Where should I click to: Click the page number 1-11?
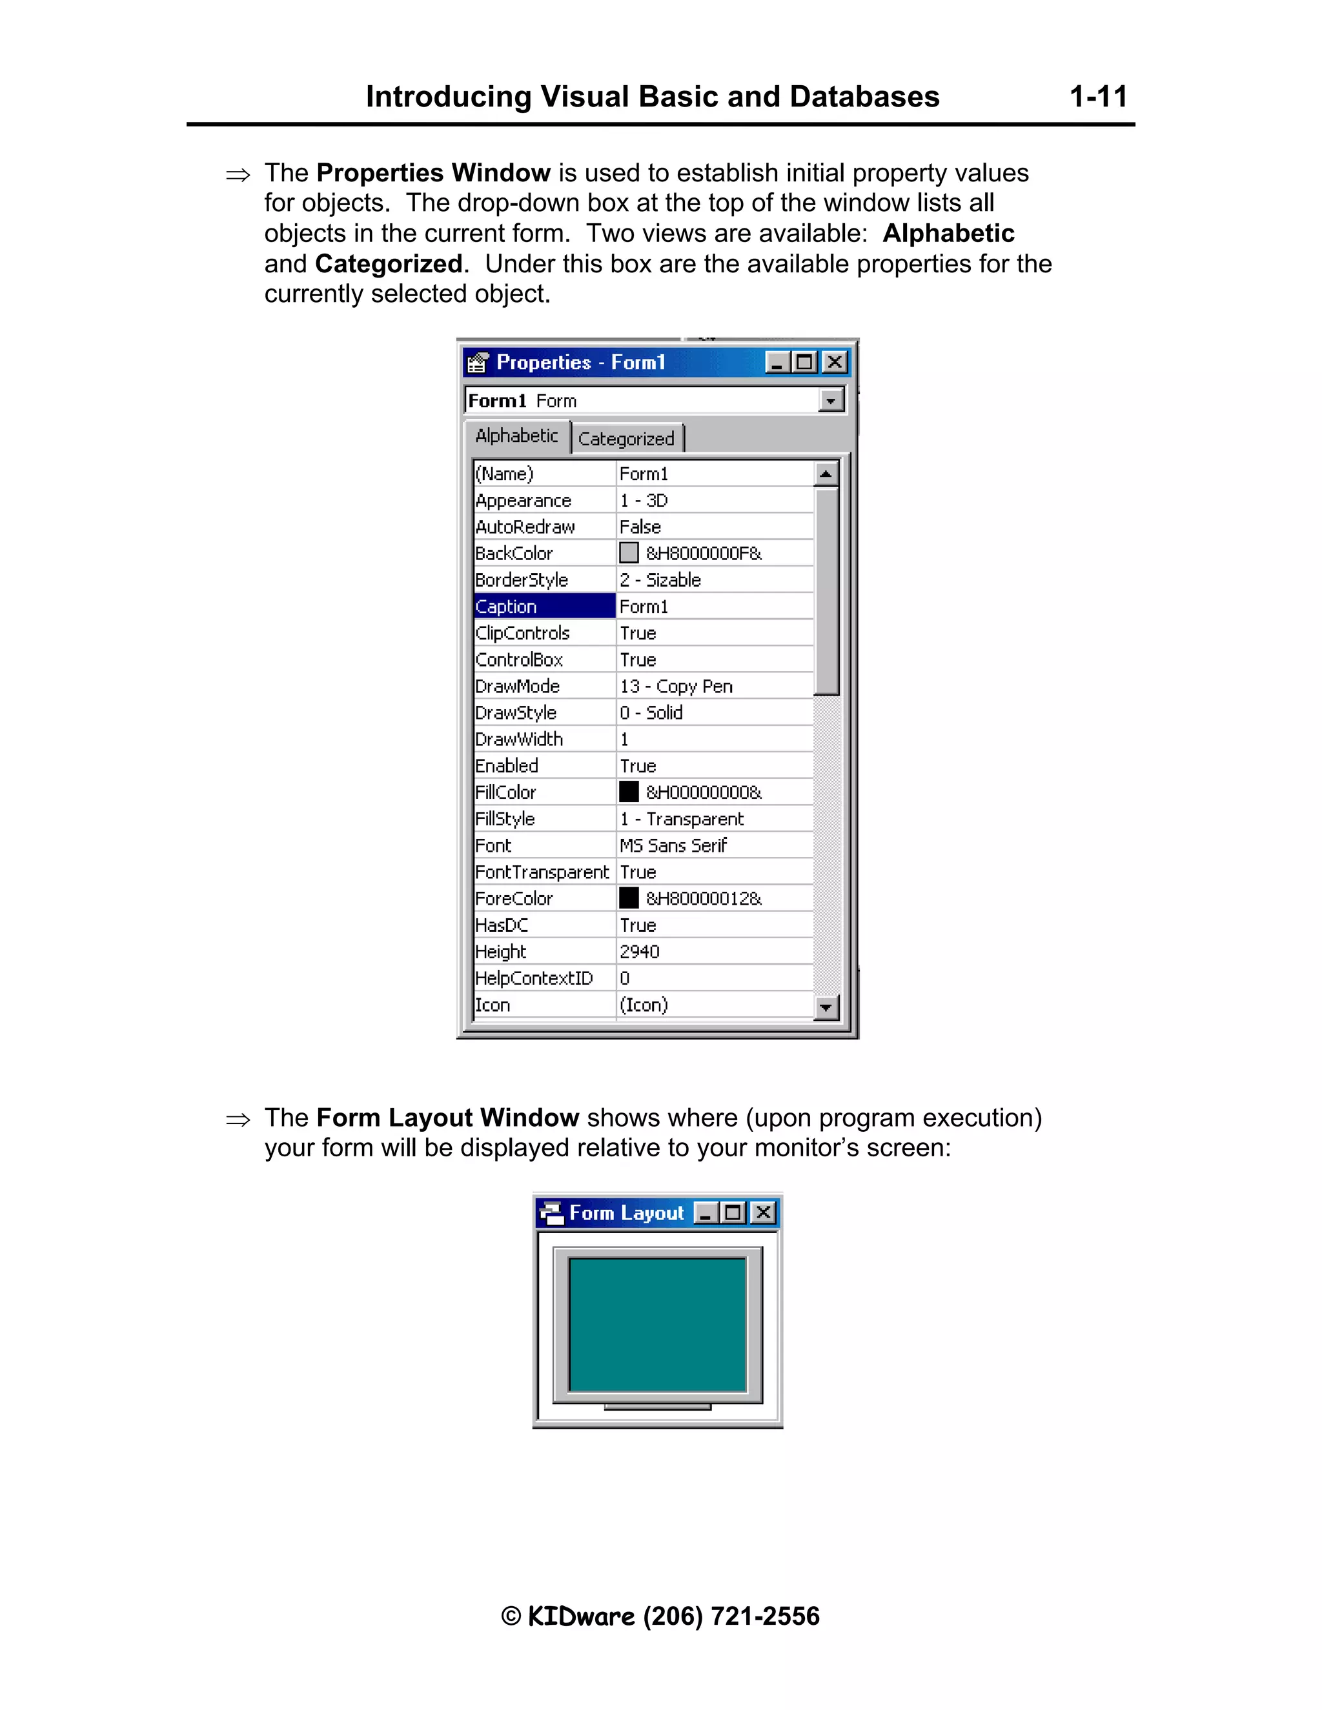1098,97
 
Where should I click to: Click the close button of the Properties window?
835,362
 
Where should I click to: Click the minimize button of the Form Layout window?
706,1213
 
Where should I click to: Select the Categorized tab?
625,438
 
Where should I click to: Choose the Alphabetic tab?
517,436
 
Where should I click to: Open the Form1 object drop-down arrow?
830,401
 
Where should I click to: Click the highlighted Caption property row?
544,606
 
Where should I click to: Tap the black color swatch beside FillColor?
629,792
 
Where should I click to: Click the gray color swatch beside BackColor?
629,553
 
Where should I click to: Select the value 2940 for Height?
640,951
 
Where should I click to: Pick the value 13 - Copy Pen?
676,686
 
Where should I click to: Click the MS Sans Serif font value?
673,845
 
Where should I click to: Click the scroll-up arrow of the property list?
826,474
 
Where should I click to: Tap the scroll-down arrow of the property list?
826,1007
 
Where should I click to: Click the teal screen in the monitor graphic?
657,1324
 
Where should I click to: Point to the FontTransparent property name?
542,872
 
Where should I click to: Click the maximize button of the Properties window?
804,362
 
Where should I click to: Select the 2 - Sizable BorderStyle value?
660,580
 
